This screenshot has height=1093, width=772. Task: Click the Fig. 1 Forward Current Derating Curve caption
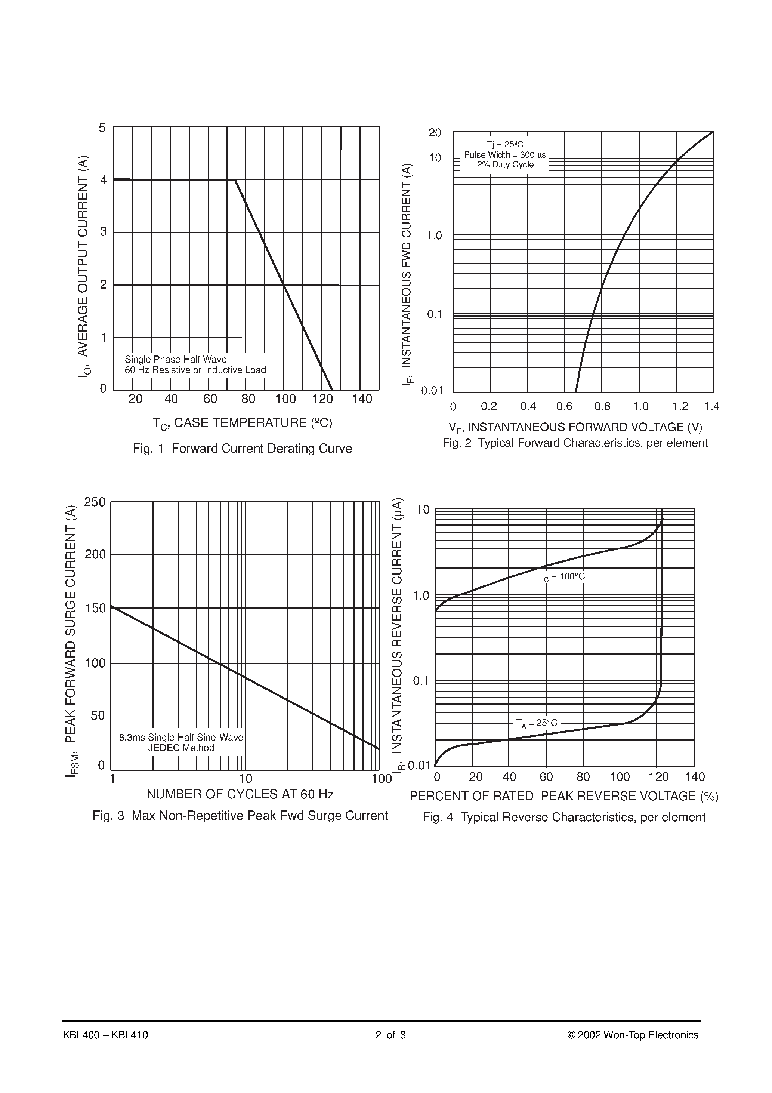coord(242,449)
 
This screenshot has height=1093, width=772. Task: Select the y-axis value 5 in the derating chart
coord(102,127)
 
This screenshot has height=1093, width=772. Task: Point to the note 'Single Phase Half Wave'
coord(176,360)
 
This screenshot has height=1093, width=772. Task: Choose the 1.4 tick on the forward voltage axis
coord(711,406)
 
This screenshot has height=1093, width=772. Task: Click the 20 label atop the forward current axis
coord(435,133)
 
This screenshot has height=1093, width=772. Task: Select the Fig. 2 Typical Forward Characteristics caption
coord(575,443)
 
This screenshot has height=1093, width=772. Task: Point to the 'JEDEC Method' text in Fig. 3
coord(181,747)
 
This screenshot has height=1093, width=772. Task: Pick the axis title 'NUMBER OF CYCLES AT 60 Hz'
coord(240,794)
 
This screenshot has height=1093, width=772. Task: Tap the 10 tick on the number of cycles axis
coord(245,779)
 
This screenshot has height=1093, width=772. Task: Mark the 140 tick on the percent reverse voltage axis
coord(694,777)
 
